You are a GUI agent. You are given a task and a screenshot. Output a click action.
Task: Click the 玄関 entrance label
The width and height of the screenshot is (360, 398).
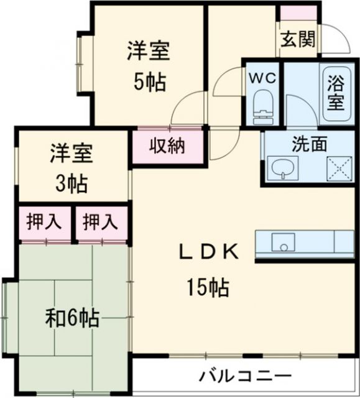coord(298,39)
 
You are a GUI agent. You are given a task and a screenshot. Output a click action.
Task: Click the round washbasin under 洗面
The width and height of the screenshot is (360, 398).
coord(282,167)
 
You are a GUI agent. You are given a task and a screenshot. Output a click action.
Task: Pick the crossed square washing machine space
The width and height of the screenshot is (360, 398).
coord(340,167)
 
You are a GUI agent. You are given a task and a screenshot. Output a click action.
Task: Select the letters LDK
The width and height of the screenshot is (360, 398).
coord(209,252)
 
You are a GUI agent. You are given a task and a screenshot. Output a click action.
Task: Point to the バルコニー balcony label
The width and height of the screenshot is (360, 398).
coord(245,376)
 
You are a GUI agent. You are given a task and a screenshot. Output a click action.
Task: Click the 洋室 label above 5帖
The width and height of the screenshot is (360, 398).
coord(149,52)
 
